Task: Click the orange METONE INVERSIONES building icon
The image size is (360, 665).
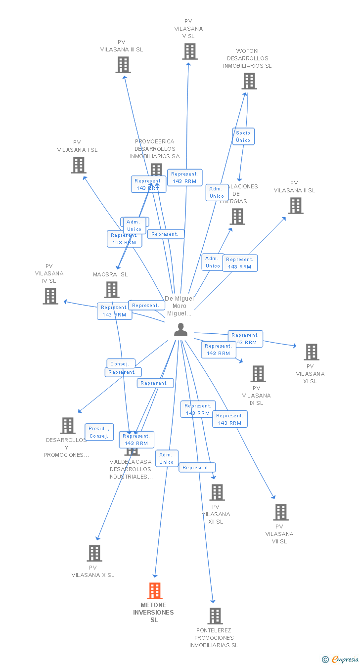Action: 155,590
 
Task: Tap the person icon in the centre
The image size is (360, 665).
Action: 181,330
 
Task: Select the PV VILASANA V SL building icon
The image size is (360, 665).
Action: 190,51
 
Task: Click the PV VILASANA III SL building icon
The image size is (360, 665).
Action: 123,65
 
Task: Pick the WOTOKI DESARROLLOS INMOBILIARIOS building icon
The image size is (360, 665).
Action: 249,81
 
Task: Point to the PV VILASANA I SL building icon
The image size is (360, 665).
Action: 79,165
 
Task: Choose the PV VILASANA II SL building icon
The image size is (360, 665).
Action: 296,206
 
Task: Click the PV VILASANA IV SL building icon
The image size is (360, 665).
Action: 50,296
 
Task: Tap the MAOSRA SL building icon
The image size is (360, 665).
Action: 112,290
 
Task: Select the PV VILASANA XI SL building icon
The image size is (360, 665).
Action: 312,352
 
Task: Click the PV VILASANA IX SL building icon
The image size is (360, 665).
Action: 258,374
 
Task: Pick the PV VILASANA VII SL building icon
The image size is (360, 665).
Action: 281,512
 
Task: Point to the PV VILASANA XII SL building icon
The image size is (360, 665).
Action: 217,492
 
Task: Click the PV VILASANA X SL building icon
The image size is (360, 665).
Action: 94,553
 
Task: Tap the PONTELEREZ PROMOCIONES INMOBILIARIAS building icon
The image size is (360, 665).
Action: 215,616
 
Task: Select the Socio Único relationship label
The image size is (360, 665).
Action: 243,136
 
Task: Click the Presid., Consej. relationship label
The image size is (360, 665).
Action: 99,432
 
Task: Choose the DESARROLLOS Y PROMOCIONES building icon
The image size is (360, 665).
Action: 68,426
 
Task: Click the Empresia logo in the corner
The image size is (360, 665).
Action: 341,659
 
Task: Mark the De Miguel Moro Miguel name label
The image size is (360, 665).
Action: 180,306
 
